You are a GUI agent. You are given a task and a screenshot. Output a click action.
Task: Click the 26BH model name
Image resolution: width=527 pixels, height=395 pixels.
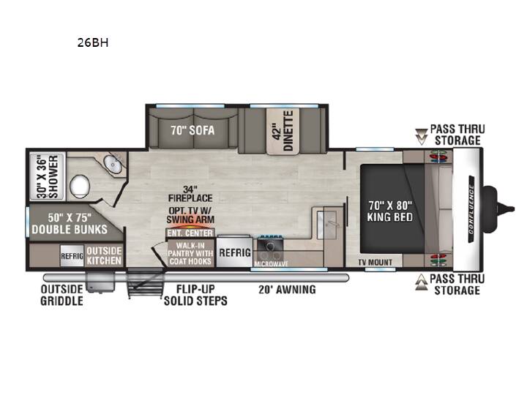coord(93,42)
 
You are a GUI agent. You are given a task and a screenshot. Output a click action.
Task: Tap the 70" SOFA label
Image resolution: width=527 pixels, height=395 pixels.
coord(193,130)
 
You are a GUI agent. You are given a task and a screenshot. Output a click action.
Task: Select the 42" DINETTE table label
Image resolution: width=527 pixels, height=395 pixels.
coord(283,131)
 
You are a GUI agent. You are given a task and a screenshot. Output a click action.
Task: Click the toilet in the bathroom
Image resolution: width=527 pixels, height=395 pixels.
coord(80,185)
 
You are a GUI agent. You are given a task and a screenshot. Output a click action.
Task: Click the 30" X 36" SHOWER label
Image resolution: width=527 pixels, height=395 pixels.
coord(48,176)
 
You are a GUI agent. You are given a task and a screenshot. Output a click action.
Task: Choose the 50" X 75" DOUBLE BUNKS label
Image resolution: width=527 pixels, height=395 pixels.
coord(70,223)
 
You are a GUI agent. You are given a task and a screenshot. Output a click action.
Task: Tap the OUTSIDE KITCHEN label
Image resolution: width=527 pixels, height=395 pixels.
coord(104,255)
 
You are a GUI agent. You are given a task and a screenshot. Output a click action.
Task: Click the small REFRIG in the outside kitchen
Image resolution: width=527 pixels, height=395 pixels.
coord(72,256)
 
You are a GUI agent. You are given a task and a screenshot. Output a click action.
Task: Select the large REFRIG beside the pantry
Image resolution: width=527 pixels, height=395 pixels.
coord(235,252)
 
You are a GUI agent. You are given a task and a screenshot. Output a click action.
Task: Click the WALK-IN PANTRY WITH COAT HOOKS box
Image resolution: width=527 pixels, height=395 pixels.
coord(190,253)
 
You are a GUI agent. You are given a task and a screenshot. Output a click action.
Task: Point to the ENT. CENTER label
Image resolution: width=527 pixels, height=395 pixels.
coord(190,233)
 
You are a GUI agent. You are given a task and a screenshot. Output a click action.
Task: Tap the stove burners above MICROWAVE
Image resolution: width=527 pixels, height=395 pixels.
coord(270,247)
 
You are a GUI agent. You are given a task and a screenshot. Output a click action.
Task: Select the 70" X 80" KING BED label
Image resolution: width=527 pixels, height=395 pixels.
coord(390,211)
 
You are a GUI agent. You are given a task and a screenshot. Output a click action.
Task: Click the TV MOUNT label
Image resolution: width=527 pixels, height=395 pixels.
coord(375,262)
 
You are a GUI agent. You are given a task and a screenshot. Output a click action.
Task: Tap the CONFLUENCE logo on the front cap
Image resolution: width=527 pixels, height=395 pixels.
coord(471,210)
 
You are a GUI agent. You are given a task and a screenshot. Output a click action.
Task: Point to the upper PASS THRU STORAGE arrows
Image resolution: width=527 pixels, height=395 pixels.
coord(422,136)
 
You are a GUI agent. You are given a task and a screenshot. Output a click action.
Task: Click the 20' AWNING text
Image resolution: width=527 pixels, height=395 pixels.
coord(288,289)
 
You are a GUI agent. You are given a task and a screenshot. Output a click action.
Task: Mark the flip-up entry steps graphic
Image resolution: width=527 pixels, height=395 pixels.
coord(145,282)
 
